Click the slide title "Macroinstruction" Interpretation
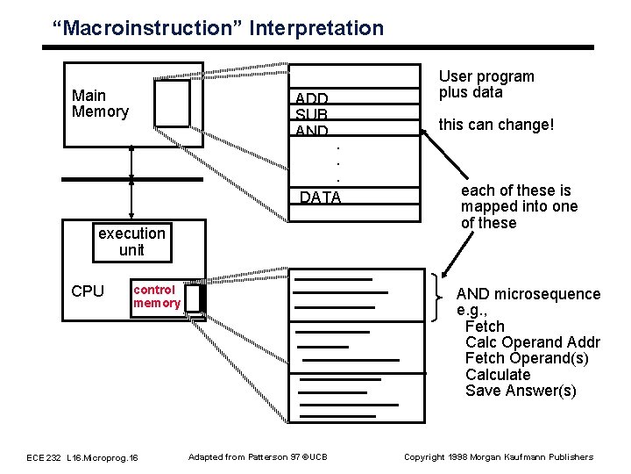click(217, 28)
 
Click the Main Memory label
click(100, 104)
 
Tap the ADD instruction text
click(312, 98)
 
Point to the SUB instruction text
click(311, 115)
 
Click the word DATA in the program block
click(320, 197)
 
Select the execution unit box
click(131, 241)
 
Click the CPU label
click(87, 291)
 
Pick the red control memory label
click(156, 297)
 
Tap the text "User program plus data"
click(486, 85)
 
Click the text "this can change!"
click(496, 125)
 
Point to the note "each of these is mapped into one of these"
click(519, 207)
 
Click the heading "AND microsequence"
click(528, 294)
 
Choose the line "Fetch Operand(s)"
click(527, 359)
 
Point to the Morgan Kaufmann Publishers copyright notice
click(498, 457)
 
